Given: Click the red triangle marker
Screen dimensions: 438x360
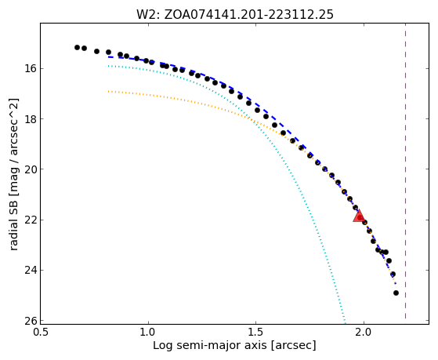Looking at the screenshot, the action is [358, 216].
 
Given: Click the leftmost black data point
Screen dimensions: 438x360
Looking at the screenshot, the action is [77, 47].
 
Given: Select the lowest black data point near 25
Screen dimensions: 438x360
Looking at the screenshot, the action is [396, 293].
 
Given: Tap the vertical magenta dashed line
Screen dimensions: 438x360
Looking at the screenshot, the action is [405, 172].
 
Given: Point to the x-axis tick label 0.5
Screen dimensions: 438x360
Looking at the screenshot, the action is [41, 333].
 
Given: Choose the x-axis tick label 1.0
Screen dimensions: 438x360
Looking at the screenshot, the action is [148, 333].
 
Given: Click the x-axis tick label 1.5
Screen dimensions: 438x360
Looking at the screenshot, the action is [256, 333].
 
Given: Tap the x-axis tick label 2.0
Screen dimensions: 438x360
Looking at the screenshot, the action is [364, 333].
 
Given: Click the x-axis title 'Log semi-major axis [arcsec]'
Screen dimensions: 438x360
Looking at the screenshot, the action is [234, 346].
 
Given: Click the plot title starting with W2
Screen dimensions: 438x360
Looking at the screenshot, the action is [234, 15].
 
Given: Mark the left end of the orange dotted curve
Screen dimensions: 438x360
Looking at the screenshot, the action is [108, 91].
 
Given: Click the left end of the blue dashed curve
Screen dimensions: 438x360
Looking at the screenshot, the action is [109, 56].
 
